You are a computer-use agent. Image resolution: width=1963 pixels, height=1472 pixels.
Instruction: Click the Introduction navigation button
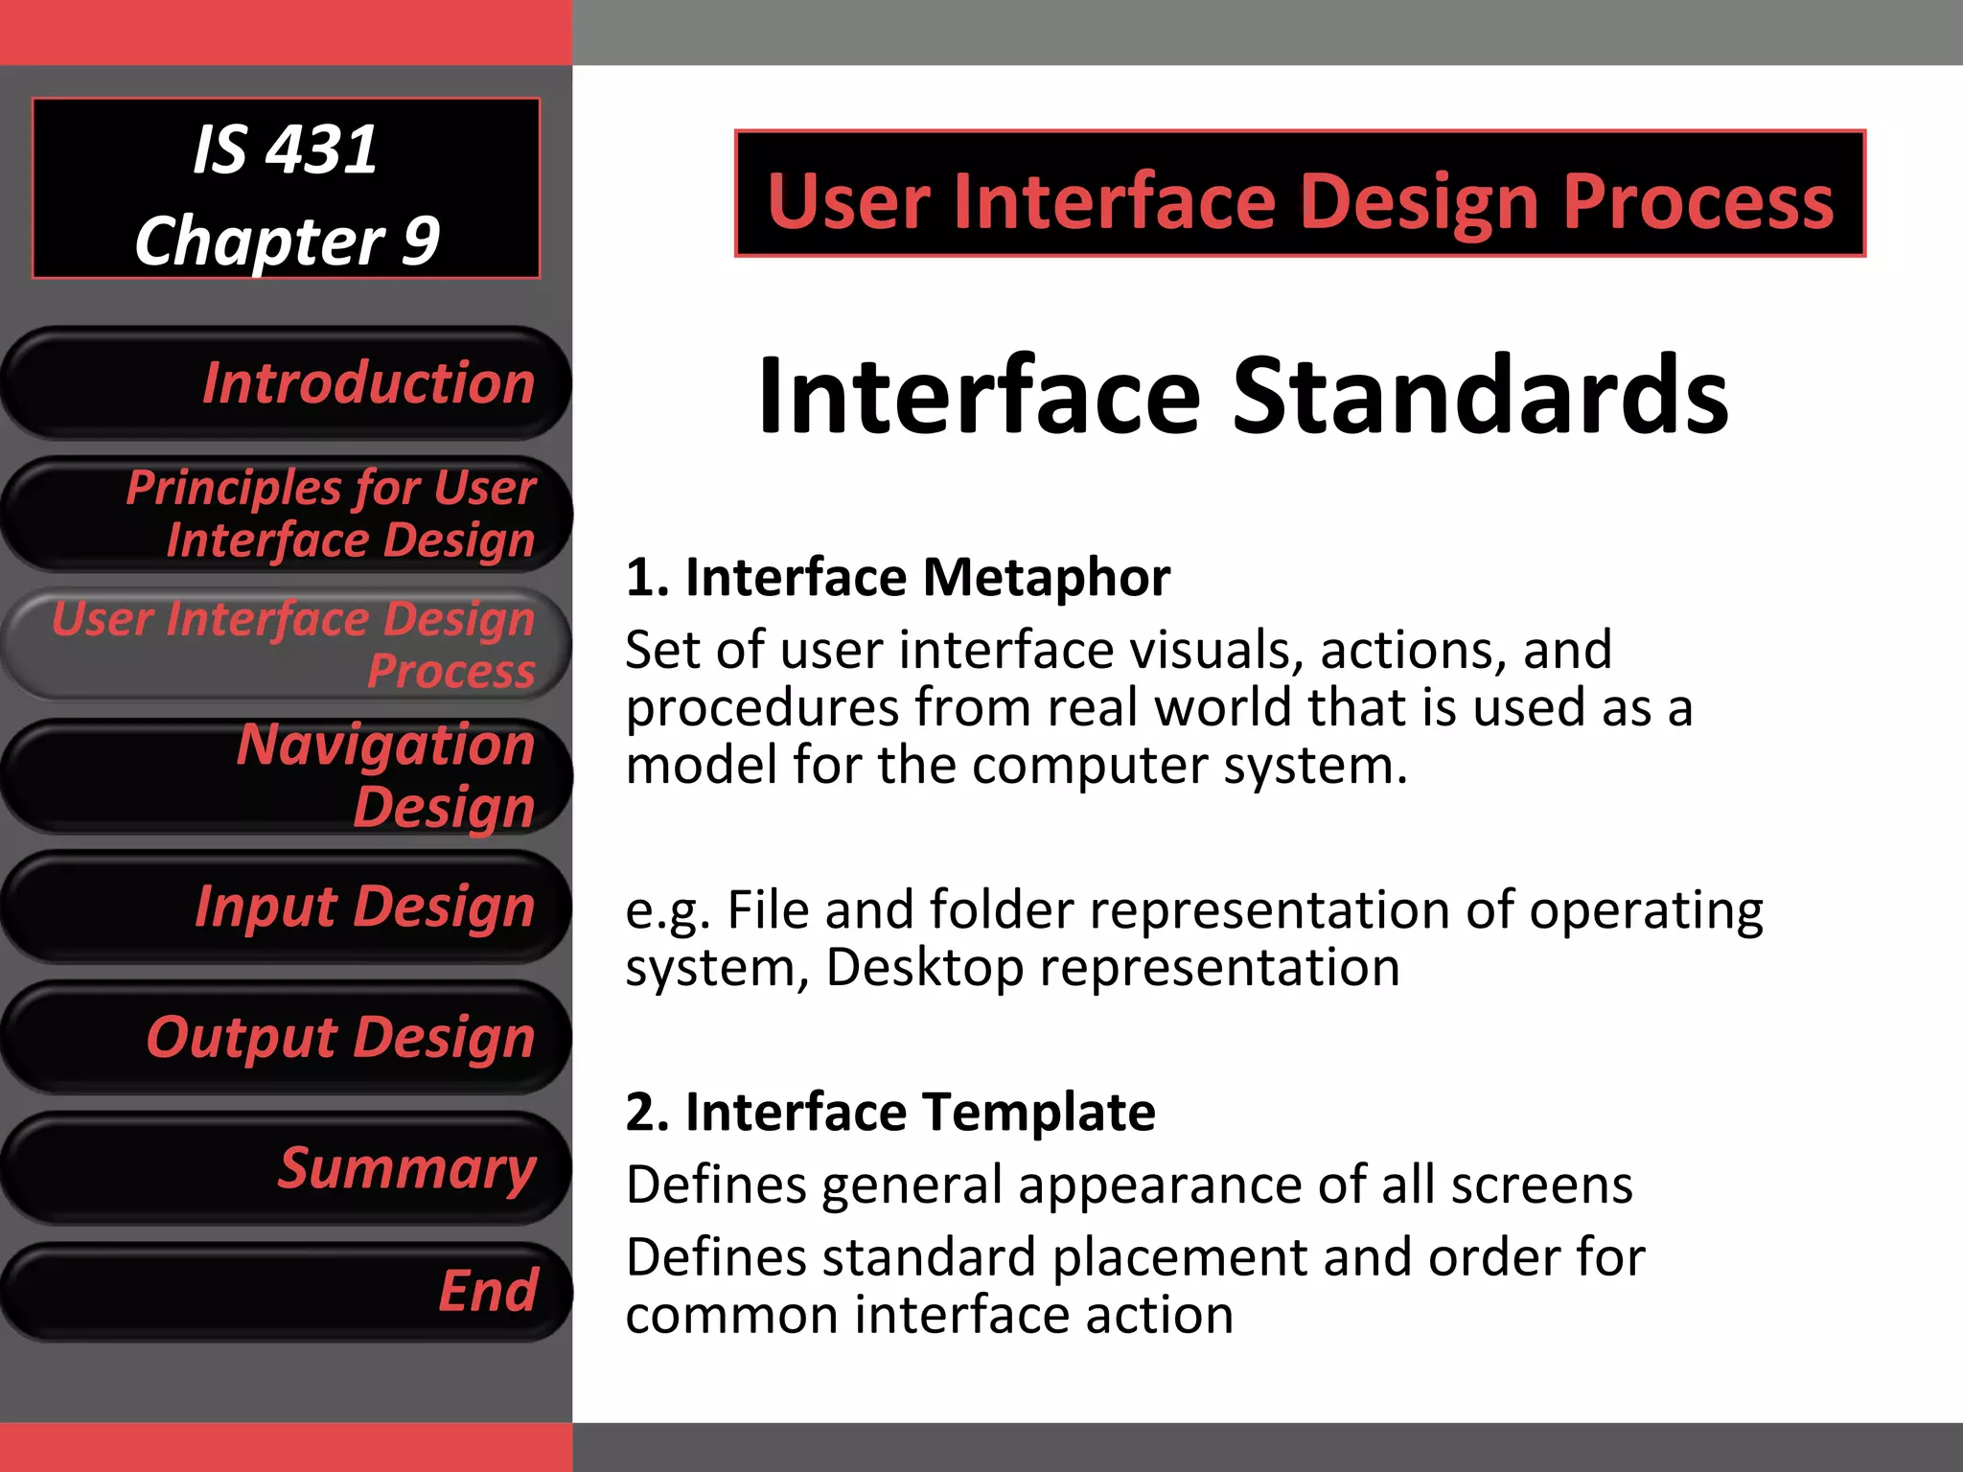pos(288,383)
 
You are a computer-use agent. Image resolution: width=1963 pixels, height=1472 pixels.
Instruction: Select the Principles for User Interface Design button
pos(288,514)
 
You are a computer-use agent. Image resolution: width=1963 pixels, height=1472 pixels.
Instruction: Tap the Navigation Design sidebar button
pos(288,775)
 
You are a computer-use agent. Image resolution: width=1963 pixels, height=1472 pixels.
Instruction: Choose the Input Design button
pos(288,907)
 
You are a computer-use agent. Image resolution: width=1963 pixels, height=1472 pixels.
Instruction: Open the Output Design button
pos(288,1037)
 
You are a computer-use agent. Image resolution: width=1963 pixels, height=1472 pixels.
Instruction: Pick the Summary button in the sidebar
pos(288,1168)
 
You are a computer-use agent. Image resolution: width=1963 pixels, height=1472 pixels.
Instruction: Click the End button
pos(288,1291)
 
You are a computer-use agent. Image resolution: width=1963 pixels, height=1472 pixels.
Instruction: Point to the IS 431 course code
pos(286,150)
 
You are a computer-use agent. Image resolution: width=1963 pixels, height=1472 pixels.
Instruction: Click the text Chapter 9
pos(287,240)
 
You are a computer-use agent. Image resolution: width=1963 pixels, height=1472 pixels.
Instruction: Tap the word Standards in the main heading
pos(1480,395)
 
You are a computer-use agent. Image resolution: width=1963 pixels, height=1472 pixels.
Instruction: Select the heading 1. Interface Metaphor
pos(898,578)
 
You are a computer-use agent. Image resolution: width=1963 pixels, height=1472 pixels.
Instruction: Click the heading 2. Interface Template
pos(890,1113)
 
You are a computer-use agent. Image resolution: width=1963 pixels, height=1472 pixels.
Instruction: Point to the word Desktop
pos(924,967)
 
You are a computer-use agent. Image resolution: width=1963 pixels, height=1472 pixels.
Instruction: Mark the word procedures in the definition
pos(763,709)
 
